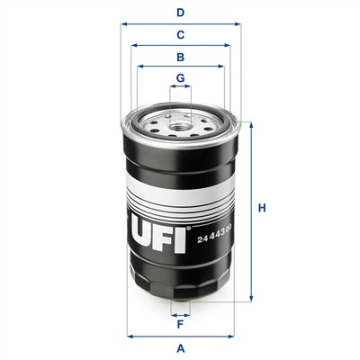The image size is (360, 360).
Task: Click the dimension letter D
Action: pyautogui.click(x=180, y=13)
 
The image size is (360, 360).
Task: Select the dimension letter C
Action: pyautogui.click(x=180, y=35)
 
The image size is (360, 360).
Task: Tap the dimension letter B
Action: pyautogui.click(x=180, y=57)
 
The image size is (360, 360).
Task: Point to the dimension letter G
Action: pyautogui.click(x=180, y=78)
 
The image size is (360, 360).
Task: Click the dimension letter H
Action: pyautogui.click(x=262, y=209)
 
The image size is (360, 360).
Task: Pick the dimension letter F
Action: pyautogui.click(x=180, y=324)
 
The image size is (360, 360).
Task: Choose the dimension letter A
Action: pyautogui.click(x=180, y=347)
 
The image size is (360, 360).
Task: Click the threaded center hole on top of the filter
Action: pyautogui.click(x=180, y=116)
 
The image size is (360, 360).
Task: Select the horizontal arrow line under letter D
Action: pyautogui.click(x=180, y=25)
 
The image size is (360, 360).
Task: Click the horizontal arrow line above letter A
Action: pyautogui.click(x=180, y=336)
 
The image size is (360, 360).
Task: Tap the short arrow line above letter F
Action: pyautogui.click(x=180, y=313)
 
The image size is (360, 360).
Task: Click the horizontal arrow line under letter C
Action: pyautogui.click(x=180, y=46)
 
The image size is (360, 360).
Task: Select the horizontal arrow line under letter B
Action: pyautogui.click(x=180, y=67)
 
